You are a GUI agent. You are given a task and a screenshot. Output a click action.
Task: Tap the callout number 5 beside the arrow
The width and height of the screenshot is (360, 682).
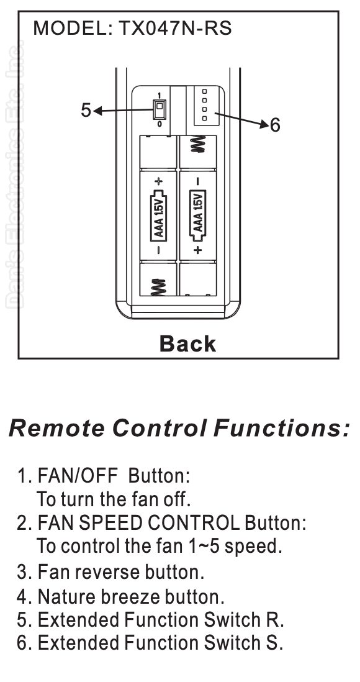[x=86, y=111]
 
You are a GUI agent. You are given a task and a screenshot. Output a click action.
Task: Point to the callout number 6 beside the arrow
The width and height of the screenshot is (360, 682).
[x=275, y=125]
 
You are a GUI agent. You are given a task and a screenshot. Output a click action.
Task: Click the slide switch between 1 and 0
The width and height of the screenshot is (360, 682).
[x=160, y=109]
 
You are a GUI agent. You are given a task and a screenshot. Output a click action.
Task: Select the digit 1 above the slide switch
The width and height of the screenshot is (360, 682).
[x=160, y=95]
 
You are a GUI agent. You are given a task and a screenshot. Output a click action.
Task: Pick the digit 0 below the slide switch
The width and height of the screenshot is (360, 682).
[x=160, y=124]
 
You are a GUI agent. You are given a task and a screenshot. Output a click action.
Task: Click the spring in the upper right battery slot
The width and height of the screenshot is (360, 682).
[x=198, y=144]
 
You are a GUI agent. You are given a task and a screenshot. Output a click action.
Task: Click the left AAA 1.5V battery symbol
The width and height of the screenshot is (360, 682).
[x=159, y=215]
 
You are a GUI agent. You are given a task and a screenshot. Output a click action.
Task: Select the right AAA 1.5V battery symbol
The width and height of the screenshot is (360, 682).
[x=198, y=215]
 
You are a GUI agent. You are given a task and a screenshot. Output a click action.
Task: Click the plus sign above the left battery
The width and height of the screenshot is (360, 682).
[x=159, y=180]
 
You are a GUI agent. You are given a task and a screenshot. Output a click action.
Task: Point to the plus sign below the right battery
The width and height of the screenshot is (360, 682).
[x=198, y=250]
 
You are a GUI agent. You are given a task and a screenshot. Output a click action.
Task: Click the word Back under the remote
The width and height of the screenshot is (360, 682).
[x=187, y=343]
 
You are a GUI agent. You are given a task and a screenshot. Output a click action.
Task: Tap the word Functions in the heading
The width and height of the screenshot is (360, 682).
[x=281, y=428]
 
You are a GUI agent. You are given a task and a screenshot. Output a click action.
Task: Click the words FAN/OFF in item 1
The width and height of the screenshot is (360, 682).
[x=78, y=476]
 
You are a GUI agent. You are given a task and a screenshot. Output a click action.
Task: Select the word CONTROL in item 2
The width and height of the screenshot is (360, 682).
[x=193, y=522]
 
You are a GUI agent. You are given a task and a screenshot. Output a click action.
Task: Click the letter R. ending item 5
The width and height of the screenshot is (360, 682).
[x=276, y=620]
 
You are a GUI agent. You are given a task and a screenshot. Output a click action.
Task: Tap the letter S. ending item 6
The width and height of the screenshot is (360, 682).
[x=276, y=642]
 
